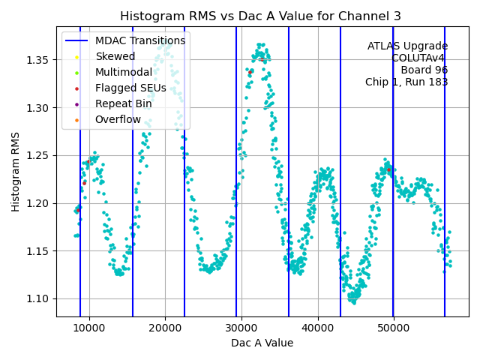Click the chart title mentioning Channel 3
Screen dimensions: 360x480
point(260,16)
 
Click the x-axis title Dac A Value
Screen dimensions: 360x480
point(262,343)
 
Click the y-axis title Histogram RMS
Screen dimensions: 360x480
point(16,172)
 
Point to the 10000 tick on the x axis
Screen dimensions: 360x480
point(89,328)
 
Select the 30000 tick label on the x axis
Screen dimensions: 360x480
point(241,328)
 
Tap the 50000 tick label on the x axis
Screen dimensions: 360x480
point(394,328)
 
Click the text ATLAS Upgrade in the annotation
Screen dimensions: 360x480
point(407,46)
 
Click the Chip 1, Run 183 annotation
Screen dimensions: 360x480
point(406,82)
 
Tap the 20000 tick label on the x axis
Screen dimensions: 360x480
point(165,328)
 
